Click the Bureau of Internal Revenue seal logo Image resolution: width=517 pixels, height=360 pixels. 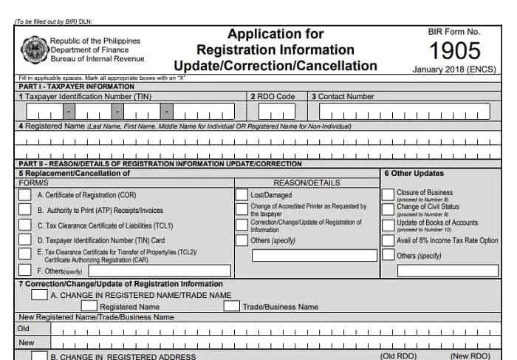pos(33,50)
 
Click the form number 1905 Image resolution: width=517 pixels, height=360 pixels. pos(454,50)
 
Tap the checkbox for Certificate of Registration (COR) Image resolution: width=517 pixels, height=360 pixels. pos(24,194)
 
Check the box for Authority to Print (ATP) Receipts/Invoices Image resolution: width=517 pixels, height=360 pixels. pos(24,210)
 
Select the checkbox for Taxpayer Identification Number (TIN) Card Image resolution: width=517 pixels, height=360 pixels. pos(24,240)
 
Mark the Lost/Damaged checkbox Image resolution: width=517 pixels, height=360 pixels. pos(242,194)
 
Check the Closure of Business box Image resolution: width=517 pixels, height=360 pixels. pos(388,195)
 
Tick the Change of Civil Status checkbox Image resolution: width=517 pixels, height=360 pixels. pos(388,210)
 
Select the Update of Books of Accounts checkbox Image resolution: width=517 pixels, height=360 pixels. pos(388,225)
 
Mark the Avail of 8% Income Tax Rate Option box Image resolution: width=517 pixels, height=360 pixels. pos(388,240)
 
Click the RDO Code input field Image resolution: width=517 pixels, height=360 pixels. pos(276,112)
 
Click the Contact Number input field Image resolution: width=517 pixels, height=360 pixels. pos(404,112)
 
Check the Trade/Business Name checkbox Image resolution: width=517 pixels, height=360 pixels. pos(231,306)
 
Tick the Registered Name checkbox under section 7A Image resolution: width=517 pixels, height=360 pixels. pos(89,306)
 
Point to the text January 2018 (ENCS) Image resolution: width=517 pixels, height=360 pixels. pos(455,69)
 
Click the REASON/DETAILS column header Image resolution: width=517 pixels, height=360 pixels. pos(307,183)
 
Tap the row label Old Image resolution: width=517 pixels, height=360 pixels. pos(24,328)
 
